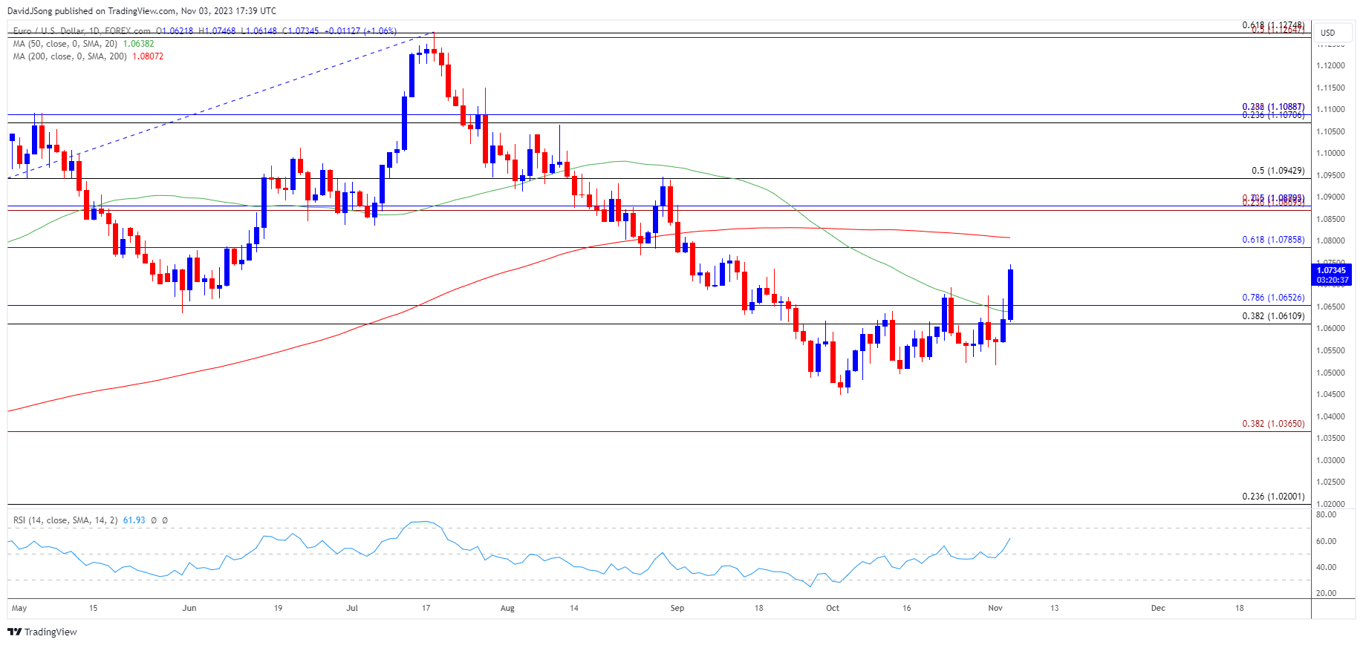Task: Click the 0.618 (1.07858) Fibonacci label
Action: click(1272, 240)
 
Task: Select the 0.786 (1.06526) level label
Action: click(1272, 298)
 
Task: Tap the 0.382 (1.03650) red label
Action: click(1272, 424)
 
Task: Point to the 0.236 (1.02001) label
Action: click(1272, 497)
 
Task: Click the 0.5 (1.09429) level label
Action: click(1277, 171)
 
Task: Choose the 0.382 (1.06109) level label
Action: click(1272, 316)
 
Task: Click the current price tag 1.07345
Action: click(1330, 271)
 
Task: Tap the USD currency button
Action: click(1327, 33)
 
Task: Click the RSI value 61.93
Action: click(134, 520)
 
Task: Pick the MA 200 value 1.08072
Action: click(148, 56)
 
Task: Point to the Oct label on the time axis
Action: click(833, 608)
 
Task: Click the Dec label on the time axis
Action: click(1157, 608)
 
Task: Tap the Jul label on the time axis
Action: click(352, 608)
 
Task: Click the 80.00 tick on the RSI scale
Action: click(1326, 514)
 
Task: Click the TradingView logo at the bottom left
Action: click(42, 632)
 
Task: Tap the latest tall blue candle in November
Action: click(1010, 295)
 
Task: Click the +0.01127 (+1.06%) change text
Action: click(360, 31)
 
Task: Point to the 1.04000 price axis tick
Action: click(1330, 416)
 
